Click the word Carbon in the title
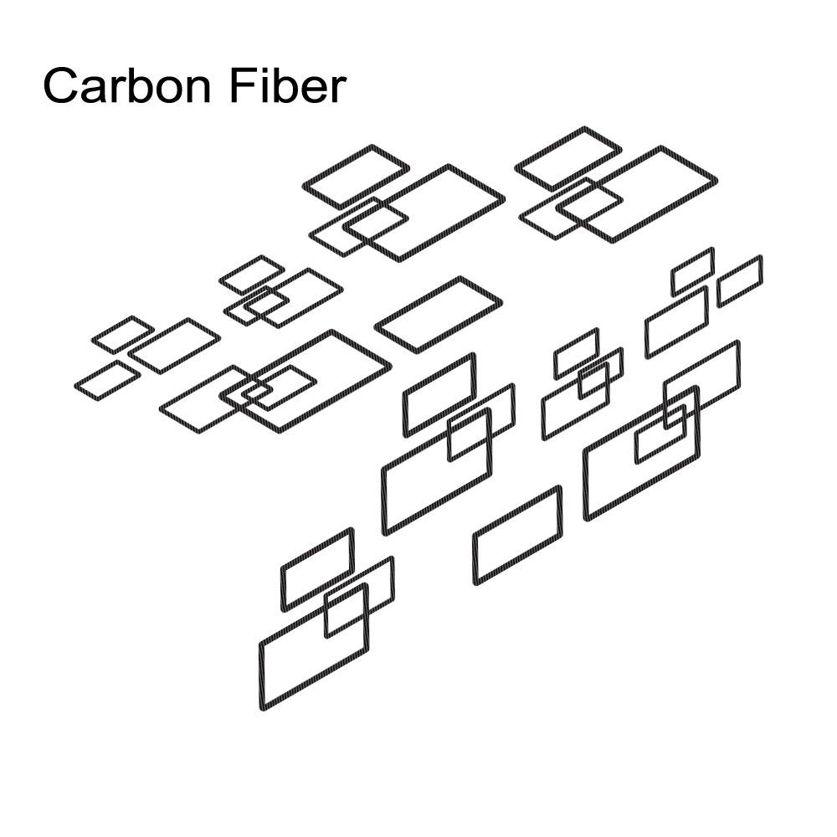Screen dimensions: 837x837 point(127,85)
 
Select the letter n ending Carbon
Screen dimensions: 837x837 point(199,90)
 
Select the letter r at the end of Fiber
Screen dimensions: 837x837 point(339,90)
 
